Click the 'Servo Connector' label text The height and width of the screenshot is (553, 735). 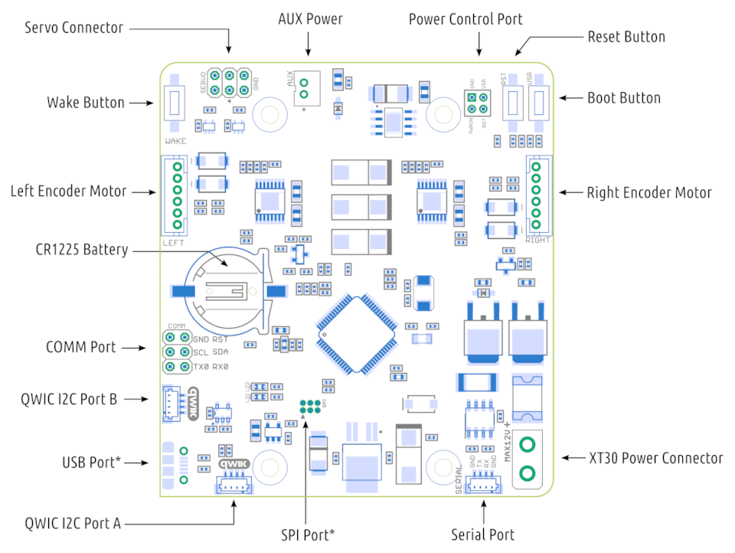coord(73,28)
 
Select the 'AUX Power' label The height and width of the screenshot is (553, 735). coord(310,19)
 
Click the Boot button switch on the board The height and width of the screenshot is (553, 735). coord(541,102)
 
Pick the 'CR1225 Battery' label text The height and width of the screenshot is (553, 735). coord(81,250)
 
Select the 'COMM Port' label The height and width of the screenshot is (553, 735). coord(81,347)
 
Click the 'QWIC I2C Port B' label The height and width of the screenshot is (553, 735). coord(69,398)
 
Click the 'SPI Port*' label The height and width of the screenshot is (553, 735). coord(307,534)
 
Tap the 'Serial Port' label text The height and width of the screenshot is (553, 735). coord(482,534)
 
